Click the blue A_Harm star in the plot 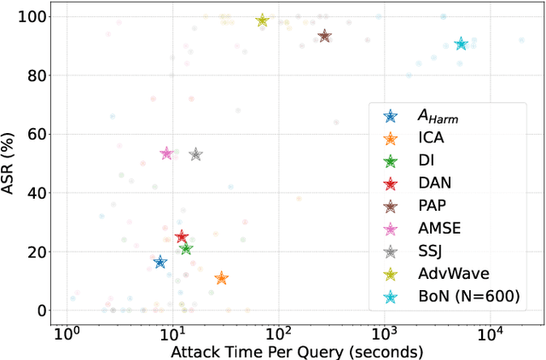click(160, 262)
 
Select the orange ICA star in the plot click(222, 278)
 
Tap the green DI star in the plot click(186, 248)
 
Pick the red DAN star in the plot click(181, 236)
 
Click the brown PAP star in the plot click(324, 37)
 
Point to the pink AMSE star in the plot click(166, 153)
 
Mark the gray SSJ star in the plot click(195, 154)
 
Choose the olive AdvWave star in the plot click(263, 20)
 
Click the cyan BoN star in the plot click(461, 44)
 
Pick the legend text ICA click(433, 136)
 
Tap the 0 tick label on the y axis click(39, 311)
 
